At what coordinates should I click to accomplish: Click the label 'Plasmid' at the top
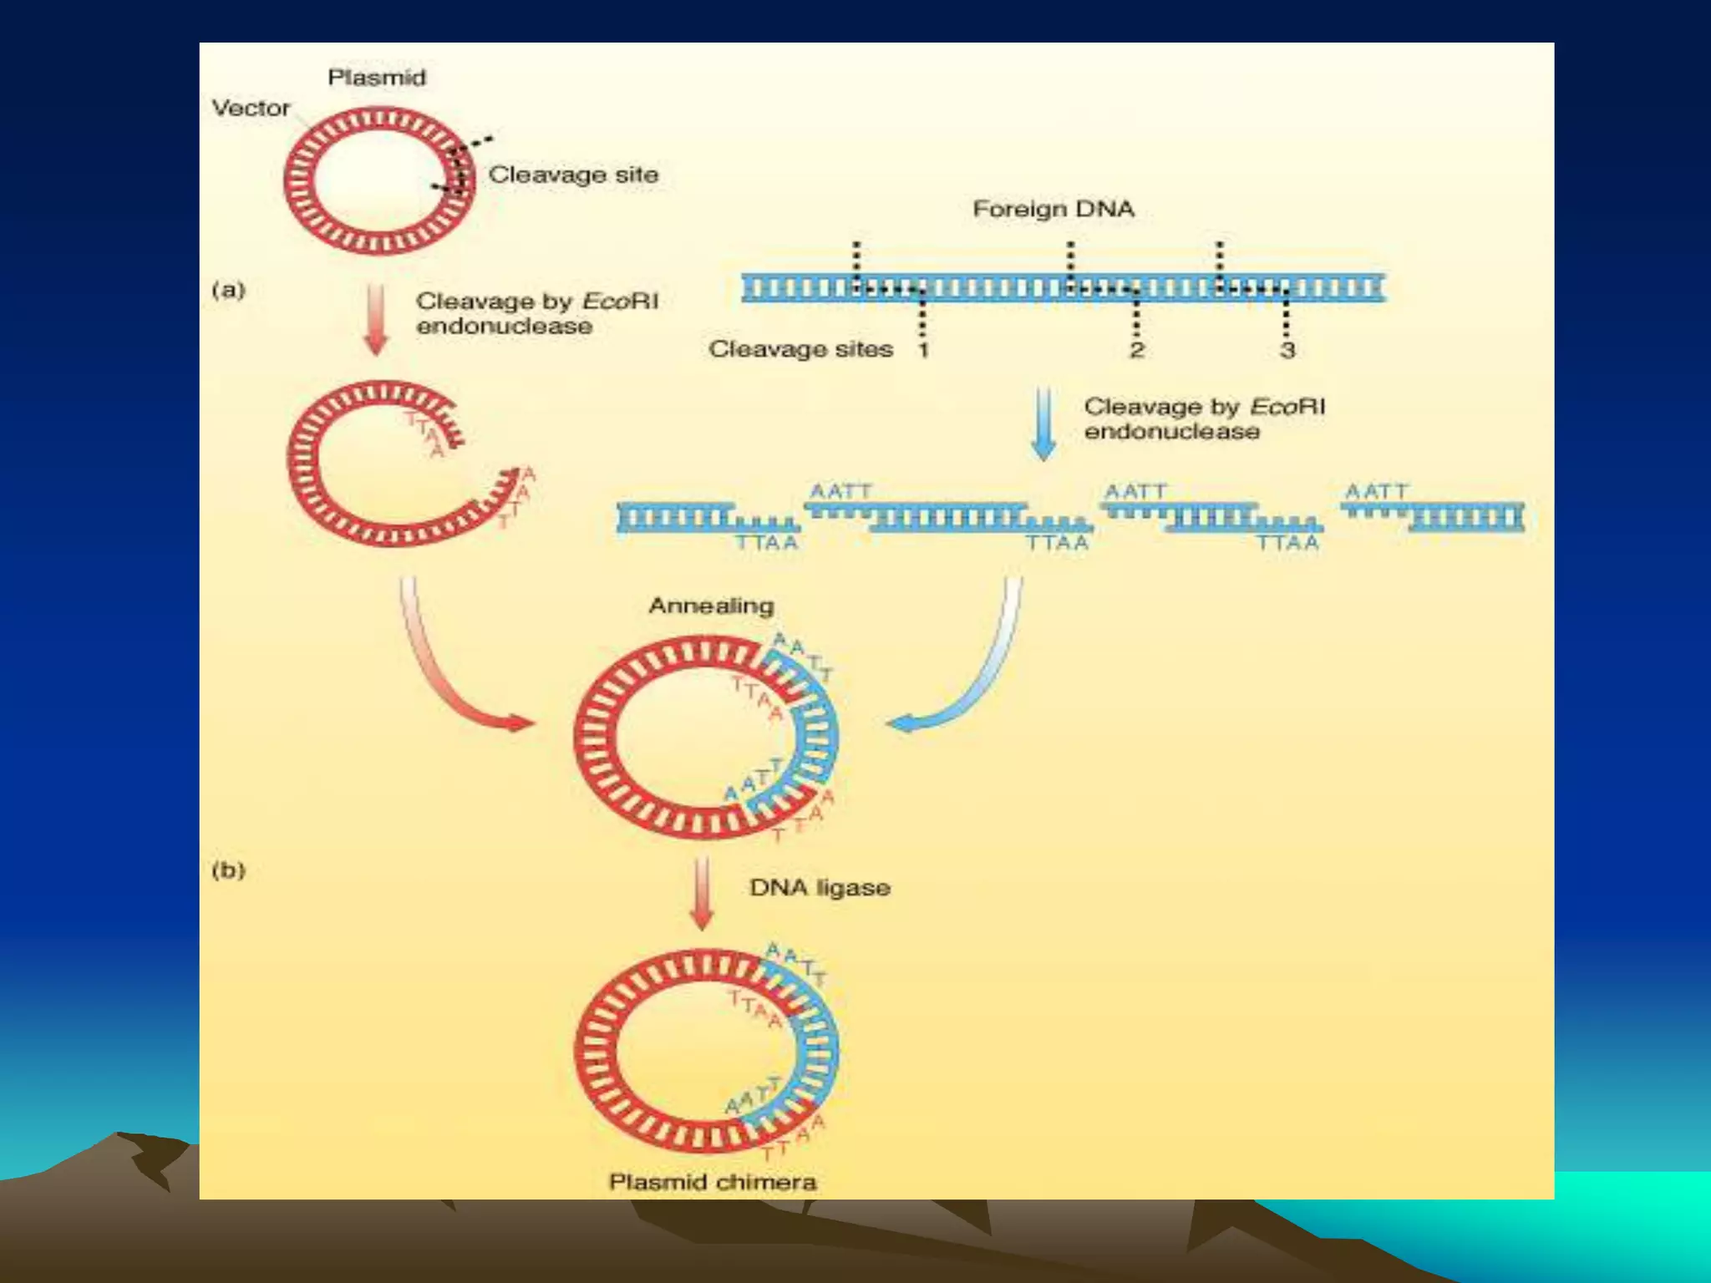377,78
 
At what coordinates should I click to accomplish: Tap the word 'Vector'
251,108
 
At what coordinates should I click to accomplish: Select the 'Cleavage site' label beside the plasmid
573,175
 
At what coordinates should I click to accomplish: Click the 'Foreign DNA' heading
1054,209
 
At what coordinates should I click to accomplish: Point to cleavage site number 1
923,349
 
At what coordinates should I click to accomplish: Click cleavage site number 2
1136,349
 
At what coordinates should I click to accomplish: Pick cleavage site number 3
1287,349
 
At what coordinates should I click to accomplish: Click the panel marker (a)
228,290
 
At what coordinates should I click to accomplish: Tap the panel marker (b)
228,870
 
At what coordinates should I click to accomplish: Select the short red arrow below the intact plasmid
377,319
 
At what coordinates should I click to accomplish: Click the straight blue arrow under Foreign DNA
1043,423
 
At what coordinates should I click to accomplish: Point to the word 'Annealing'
711,606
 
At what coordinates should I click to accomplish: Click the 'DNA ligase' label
820,887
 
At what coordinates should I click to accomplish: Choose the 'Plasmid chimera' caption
713,1182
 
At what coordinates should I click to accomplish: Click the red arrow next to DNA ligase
703,892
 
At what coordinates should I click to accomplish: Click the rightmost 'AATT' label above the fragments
1377,491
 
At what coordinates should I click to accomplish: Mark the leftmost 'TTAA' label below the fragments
766,543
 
